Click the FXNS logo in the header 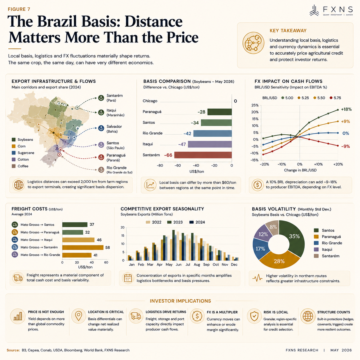331,10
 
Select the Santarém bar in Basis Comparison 203,155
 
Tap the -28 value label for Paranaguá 202,112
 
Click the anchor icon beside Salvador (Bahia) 101,128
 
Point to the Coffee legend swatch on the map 13,166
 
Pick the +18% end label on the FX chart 346,109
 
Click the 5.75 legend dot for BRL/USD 331,98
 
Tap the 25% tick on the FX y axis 255,105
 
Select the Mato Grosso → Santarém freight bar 83,247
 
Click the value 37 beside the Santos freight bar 92,224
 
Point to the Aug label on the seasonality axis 197,264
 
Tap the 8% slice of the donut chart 273,227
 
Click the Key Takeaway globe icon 253,43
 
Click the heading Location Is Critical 106,312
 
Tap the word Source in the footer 13,350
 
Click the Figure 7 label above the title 19,9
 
